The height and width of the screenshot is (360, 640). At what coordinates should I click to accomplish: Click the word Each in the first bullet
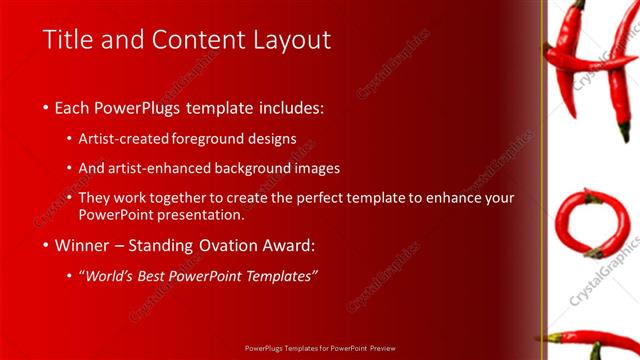pos(71,107)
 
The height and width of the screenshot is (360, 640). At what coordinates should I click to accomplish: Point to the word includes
pos(288,107)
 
